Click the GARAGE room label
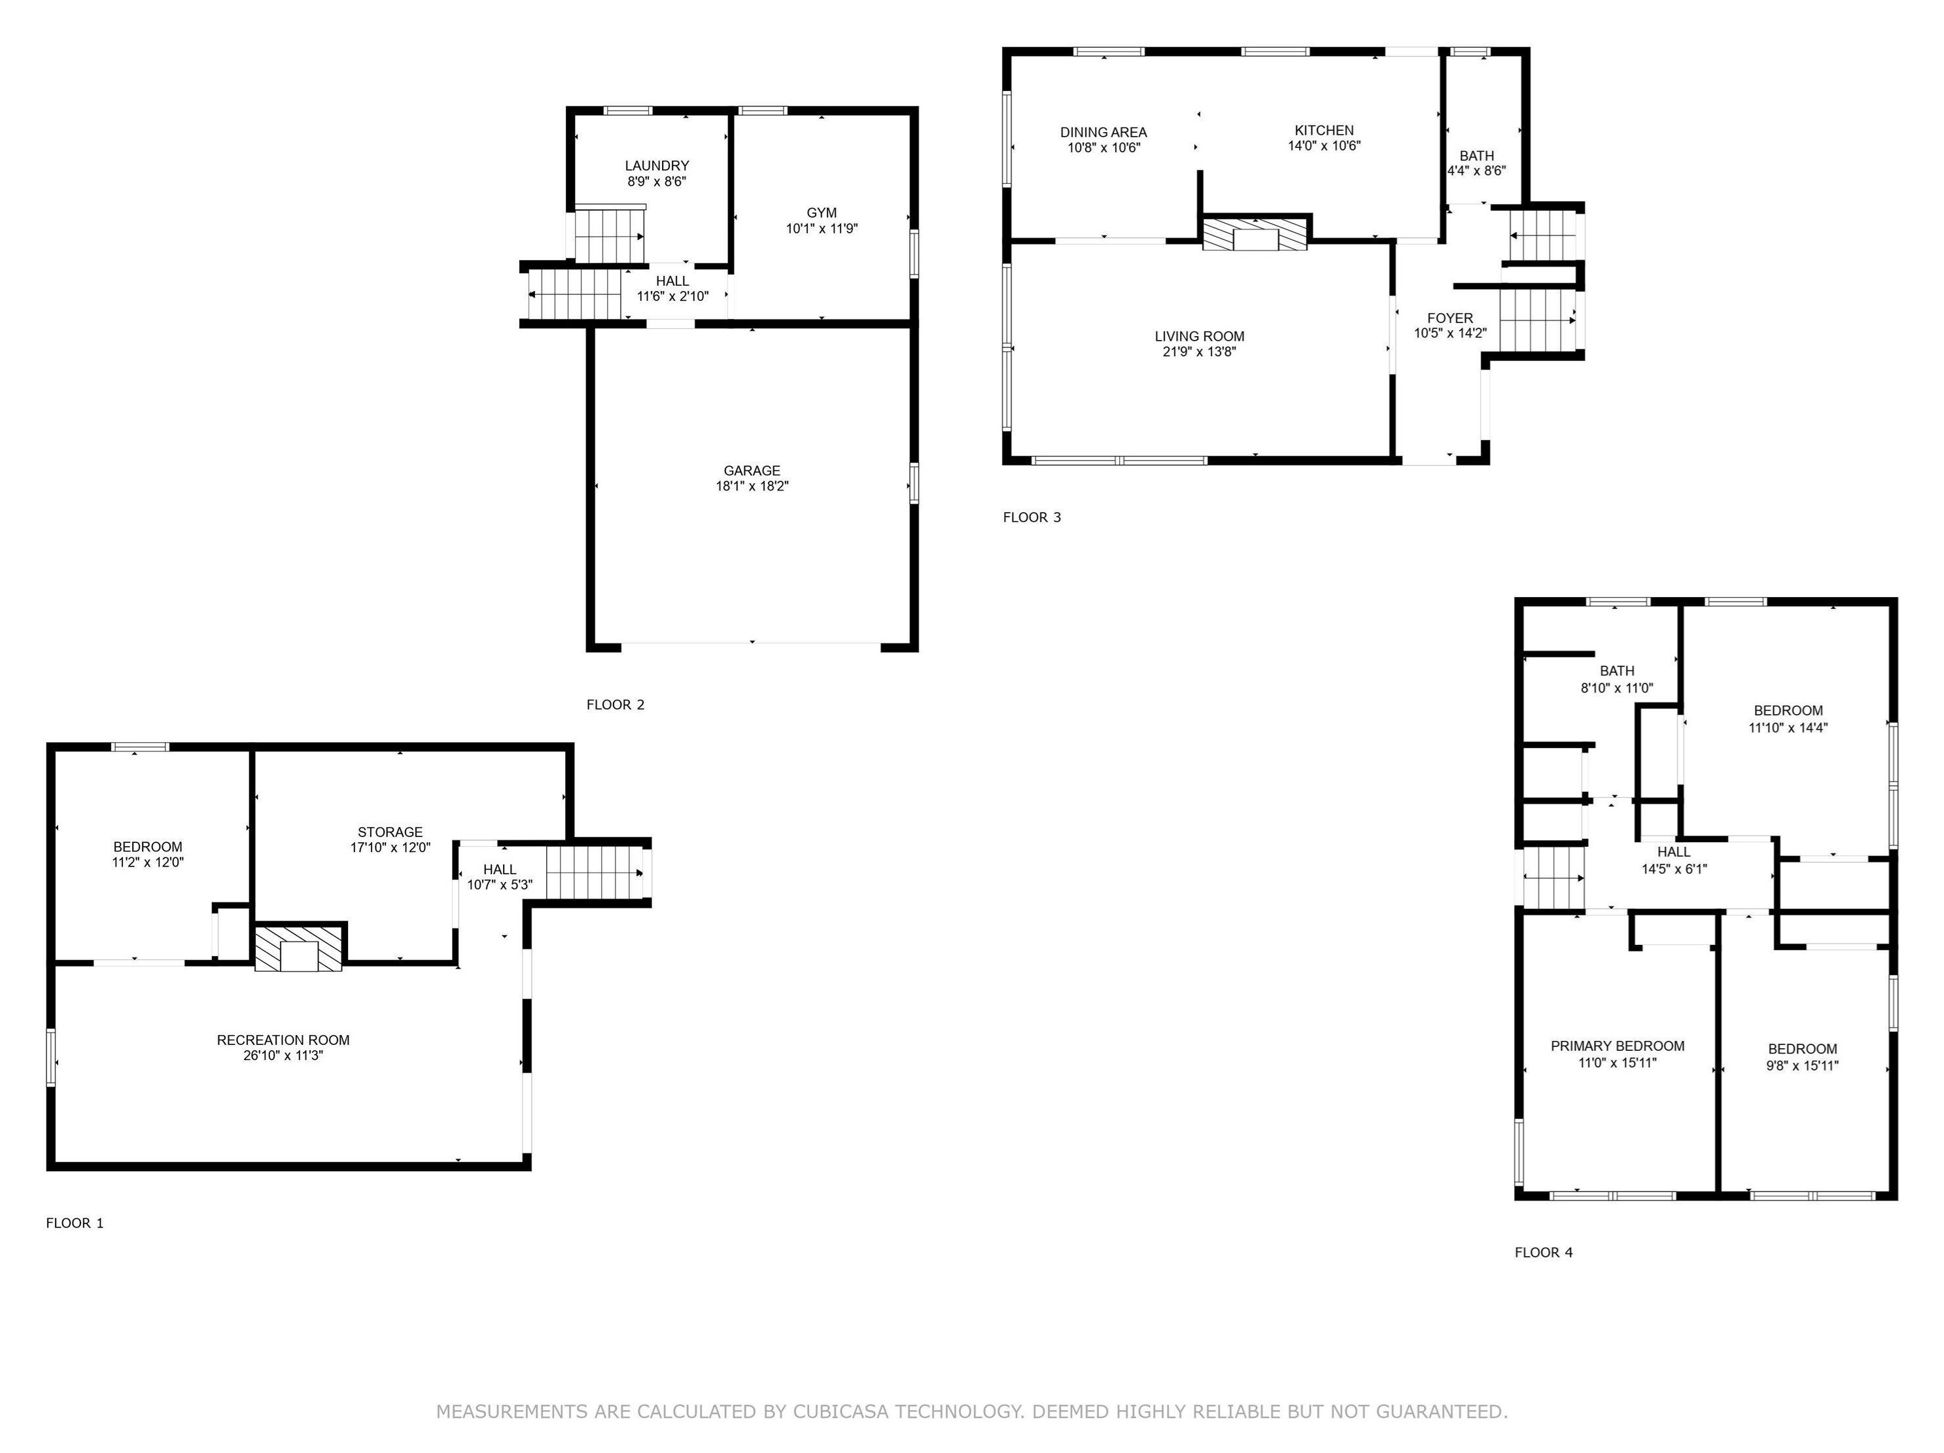point(752,471)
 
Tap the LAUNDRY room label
point(657,166)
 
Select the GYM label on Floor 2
point(822,213)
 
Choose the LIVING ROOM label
point(1200,337)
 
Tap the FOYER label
point(1450,318)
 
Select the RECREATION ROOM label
point(283,1040)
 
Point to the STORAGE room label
point(391,832)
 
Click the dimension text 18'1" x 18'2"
point(752,486)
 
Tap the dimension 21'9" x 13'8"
point(1200,351)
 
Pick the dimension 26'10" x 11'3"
point(283,1055)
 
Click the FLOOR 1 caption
point(75,1223)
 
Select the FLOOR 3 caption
point(1032,517)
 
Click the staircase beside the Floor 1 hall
point(596,873)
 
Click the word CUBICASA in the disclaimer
point(841,1412)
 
